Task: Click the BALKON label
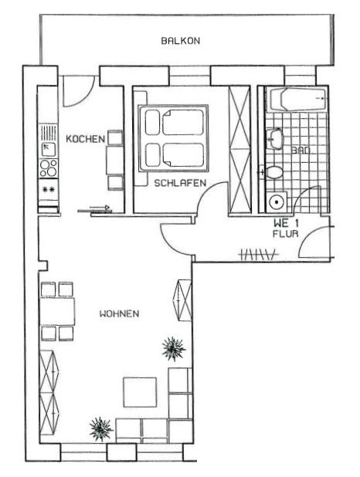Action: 181,41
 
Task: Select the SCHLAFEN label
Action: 179,183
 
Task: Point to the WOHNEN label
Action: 119,314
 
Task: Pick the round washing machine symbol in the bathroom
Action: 275,203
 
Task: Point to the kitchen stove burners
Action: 48,167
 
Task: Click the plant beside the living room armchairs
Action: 172,349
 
